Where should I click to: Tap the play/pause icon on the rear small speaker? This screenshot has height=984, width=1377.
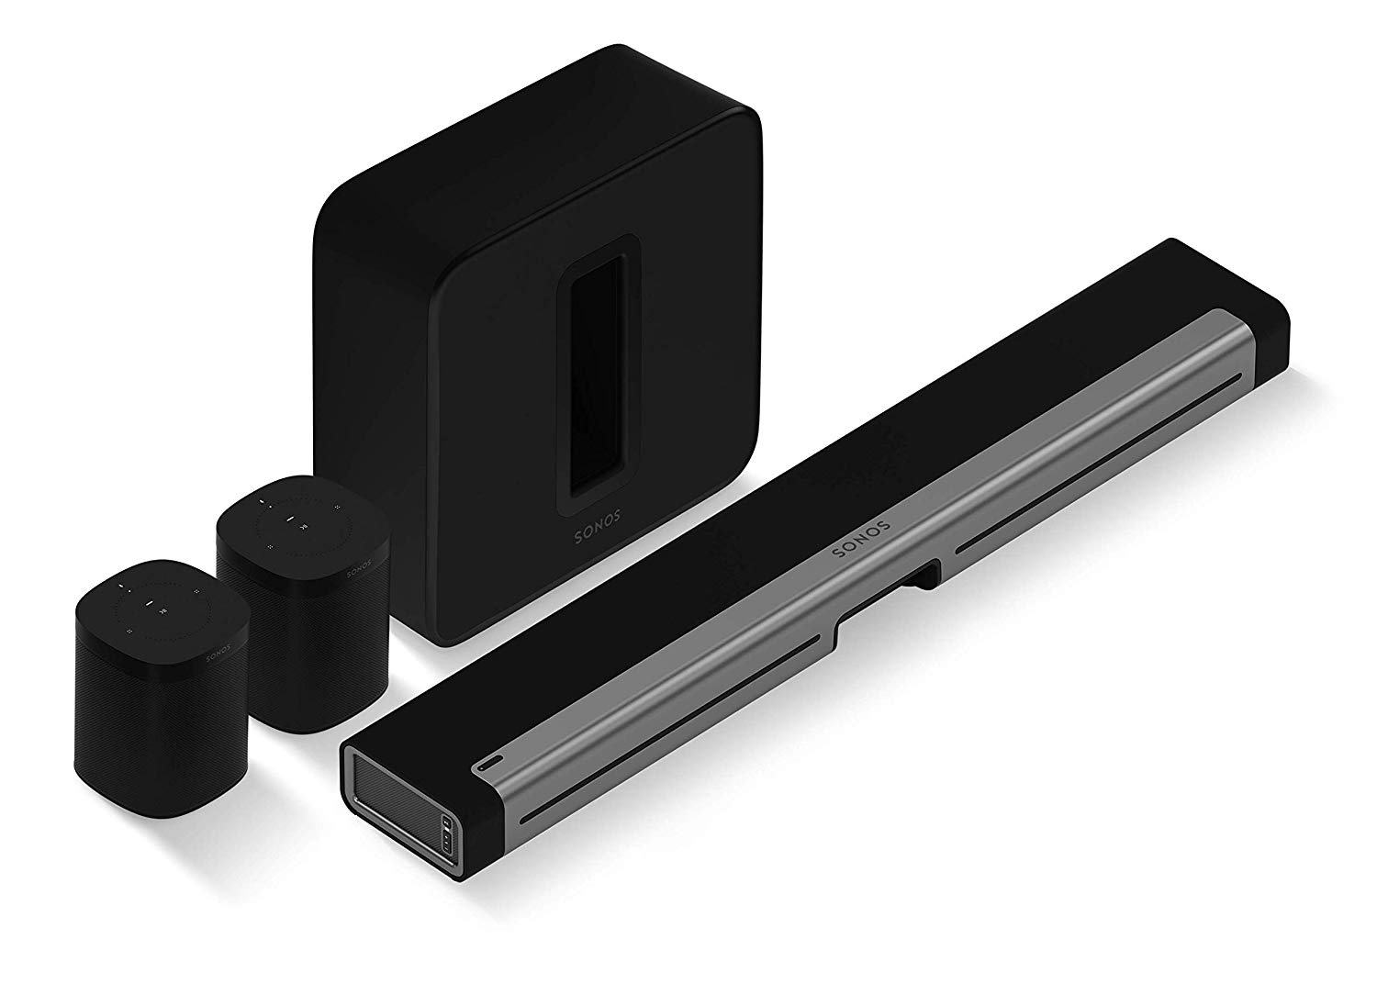click(x=289, y=520)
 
